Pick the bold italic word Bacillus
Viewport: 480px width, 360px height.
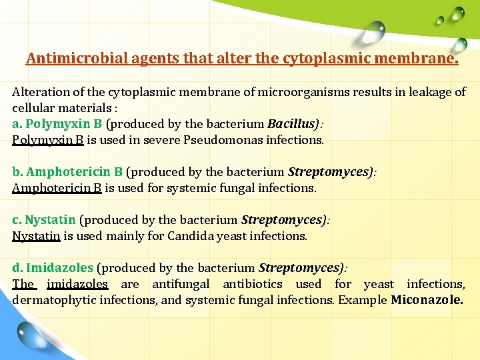(291, 124)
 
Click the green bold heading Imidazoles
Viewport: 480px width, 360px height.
(59, 268)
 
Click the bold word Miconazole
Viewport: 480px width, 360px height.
(427, 300)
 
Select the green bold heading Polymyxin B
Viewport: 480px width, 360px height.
(64, 124)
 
